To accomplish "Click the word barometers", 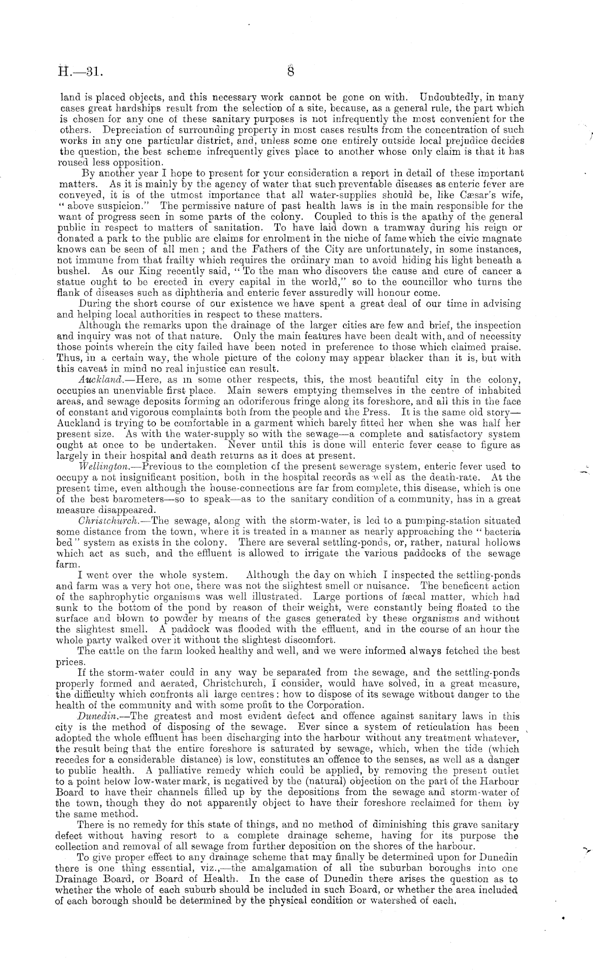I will coord(125,499).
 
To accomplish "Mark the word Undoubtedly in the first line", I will coord(449,97).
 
